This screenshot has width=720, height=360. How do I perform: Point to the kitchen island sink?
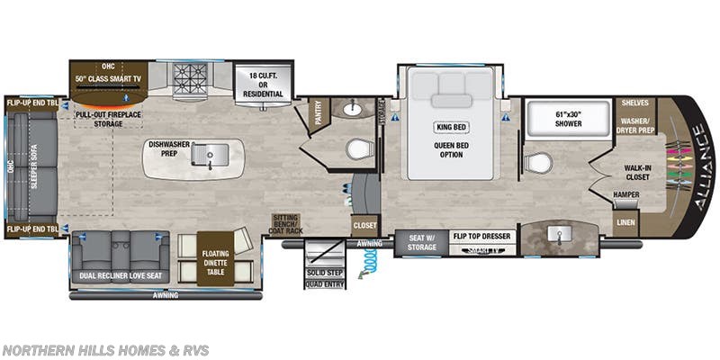tap(211, 152)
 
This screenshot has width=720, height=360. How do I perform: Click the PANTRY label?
tap(317, 114)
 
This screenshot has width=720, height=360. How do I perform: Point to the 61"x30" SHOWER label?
tap(556, 119)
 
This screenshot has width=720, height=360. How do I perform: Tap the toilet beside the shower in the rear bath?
tap(539, 163)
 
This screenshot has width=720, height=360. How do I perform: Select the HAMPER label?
tap(627, 194)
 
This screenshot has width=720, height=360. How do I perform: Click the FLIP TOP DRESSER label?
tap(484, 236)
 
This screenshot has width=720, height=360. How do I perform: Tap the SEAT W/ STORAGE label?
tap(422, 240)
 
